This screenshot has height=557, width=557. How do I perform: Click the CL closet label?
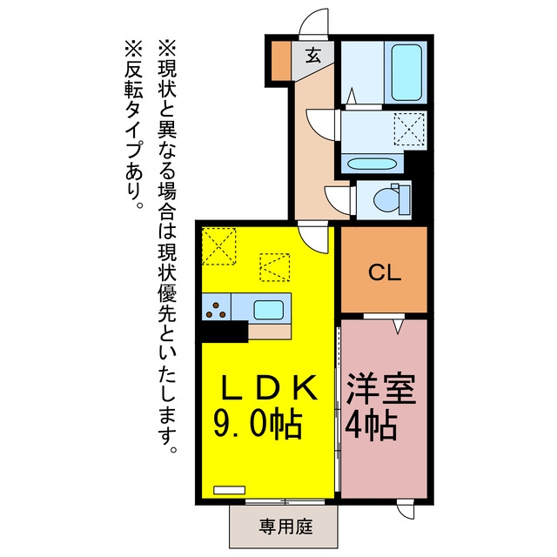click(x=385, y=272)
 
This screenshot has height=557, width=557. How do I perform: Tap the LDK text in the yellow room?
click(x=269, y=387)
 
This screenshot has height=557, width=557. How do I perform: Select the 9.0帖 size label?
click(x=258, y=425)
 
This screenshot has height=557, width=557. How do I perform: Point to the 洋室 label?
click(x=381, y=389)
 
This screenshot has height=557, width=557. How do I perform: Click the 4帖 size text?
click(x=372, y=426)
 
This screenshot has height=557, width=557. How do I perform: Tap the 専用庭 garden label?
click(x=286, y=527)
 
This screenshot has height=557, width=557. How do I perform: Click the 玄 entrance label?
click(x=313, y=56)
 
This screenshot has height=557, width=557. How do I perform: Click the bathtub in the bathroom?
click(x=406, y=72)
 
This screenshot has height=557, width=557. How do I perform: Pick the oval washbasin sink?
click(x=371, y=164)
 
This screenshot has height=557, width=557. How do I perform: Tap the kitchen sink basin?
click(x=269, y=310)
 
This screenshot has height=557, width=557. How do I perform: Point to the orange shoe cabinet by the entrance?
click(x=281, y=61)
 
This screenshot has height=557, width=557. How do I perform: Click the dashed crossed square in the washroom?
click(x=409, y=129)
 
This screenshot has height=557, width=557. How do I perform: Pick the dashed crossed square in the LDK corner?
click(x=218, y=246)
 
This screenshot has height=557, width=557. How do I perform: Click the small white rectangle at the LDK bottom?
click(x=229, y=490)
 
